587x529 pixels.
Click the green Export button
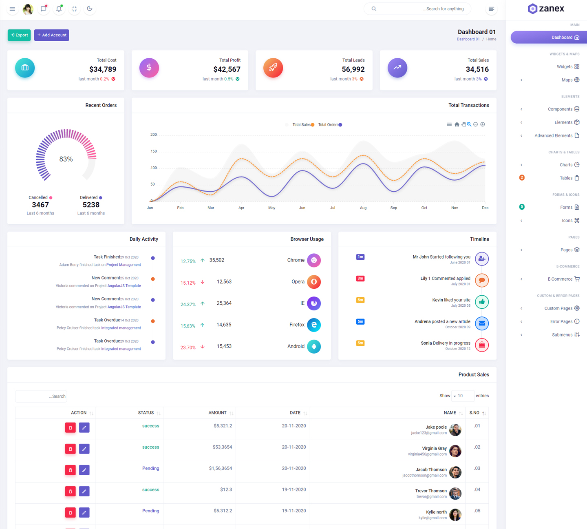coord(19,35)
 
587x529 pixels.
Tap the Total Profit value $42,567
coord(227,69)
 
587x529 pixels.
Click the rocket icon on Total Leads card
coord(273,68)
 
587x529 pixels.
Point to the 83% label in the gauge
coord(66,159)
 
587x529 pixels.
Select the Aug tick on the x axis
coord(363,208)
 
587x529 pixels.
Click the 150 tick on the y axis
coord(154,151)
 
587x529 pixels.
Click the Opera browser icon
coord(314,282)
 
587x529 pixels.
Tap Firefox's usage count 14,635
coord(224,325)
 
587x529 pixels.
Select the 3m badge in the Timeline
coord(360,279)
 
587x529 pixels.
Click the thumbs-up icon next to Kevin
coord(482,302)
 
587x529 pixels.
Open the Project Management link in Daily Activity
coord(124,265)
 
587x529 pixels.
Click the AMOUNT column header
coord(217,413)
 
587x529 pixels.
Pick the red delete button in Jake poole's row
coord(71,427)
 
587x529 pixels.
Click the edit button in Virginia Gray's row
coord(84,449)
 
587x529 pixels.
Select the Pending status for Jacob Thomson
coord(150,468)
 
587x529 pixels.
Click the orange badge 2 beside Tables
coord(522,178)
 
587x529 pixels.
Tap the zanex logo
coord(546,9)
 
